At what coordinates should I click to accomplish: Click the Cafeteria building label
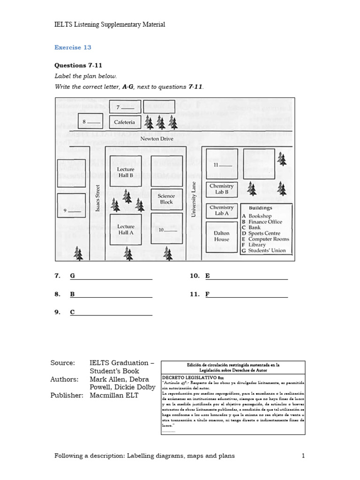[125, 122]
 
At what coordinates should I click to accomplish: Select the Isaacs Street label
[98, 198]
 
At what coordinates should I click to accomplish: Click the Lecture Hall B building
[126, 172]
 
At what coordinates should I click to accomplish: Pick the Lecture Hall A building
[126, 229]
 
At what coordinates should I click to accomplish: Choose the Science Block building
[166, 199]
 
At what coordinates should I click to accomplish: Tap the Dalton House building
[222, 236]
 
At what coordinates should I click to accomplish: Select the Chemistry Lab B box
[222, 189]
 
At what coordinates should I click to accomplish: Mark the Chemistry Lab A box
[222, 210]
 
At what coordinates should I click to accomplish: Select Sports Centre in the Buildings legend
[264, 233]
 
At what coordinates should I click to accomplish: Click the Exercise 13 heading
[73, 47]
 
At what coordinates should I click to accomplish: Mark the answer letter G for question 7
[73, 276]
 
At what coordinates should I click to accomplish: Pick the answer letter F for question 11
[207, 294]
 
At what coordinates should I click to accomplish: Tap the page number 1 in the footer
[303, 456]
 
